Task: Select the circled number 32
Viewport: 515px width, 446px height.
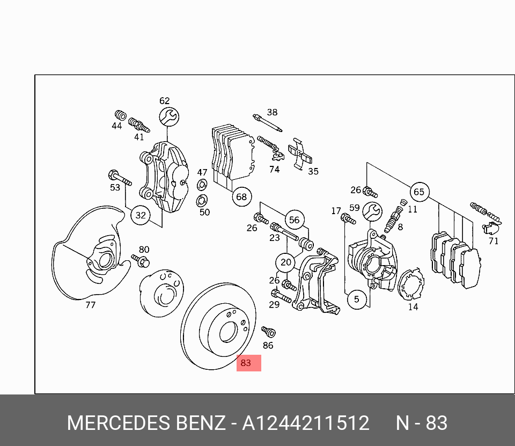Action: [141, 216]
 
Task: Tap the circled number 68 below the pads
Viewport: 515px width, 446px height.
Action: [242, 197]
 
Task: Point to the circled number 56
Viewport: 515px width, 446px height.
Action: [294, 220]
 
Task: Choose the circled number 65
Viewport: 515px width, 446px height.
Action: [419, 192]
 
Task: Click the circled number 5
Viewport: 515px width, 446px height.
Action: [357, 299]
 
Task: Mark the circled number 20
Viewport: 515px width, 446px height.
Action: [286, 262]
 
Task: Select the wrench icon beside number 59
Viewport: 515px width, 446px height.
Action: [372, 212]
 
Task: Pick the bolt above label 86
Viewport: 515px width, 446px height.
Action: [268, 332]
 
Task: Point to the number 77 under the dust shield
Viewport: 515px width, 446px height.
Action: [90, 305]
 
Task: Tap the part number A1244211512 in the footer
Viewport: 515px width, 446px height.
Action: [306, 423]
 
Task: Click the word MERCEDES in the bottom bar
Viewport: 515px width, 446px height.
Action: [117, 423]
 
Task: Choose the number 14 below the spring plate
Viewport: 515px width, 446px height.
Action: [413, 307]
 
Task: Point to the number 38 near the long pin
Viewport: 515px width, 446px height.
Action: [273, 112]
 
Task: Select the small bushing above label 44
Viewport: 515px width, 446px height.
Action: [120, 115]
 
